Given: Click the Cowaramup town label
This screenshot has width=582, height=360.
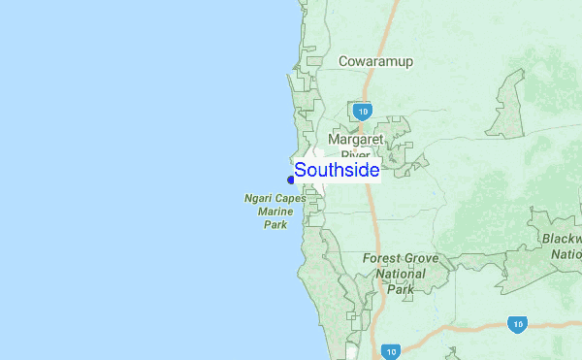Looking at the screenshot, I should tap(375, 62).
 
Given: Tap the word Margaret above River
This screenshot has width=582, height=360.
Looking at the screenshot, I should tap(356, 139).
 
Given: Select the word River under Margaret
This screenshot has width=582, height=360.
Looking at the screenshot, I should tap(355, 153).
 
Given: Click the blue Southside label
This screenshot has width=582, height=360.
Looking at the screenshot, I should tap(337, 170).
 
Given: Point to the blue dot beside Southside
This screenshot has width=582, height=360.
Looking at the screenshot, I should tap(291, 180).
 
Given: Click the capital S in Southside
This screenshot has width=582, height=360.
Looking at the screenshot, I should tap(301, 170).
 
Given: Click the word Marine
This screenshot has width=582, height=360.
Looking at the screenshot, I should tap(275, 213).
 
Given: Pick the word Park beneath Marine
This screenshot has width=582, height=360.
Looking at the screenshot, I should tap(275, 225).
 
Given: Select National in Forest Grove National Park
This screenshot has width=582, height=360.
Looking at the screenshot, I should tap(401, 275).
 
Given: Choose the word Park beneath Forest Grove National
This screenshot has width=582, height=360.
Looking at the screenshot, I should tap(401, 289).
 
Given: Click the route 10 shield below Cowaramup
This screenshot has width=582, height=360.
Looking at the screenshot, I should tap(362, 112).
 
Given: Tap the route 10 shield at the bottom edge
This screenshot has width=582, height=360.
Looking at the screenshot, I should tap(391, 352).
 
